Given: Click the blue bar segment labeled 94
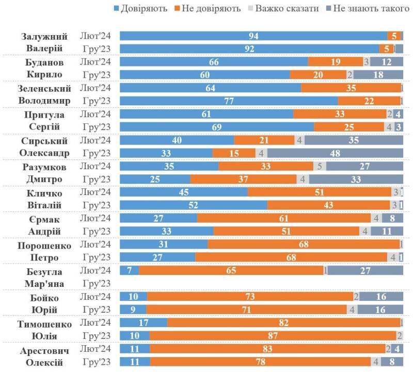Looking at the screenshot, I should pyautogui.click(x=253, y=36).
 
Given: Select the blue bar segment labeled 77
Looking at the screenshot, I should pyautogui.click(x=229, y=101).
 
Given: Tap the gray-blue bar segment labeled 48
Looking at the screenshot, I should pyautogui.click(x=335, y=153).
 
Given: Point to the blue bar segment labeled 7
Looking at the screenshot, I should pyautogui.click(x=129, y=270).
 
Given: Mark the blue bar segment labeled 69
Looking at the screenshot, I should pyautogui.click(x=217, y=127).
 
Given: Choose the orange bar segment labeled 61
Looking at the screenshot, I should pyautogui.click(x=284, y=218).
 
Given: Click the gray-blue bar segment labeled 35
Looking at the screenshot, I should pyautogui.click(x=353, y=140).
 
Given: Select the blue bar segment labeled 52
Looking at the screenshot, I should pyautogui.click(x=193, y=205).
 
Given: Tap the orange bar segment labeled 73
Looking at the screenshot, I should pyautogui.click(x=250, y=297).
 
